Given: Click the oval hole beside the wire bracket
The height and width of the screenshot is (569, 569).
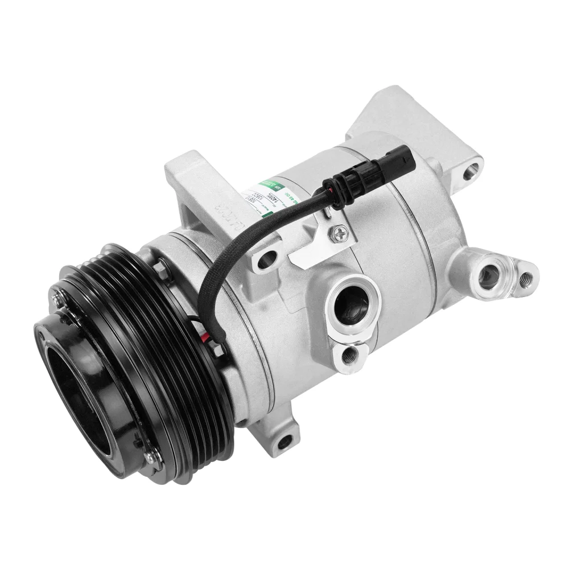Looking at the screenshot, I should pos(265,262).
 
